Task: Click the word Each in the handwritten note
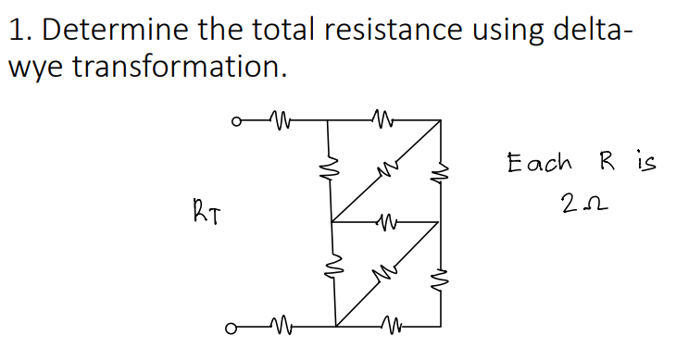point(540,165)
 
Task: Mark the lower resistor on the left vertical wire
point(331,272)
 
